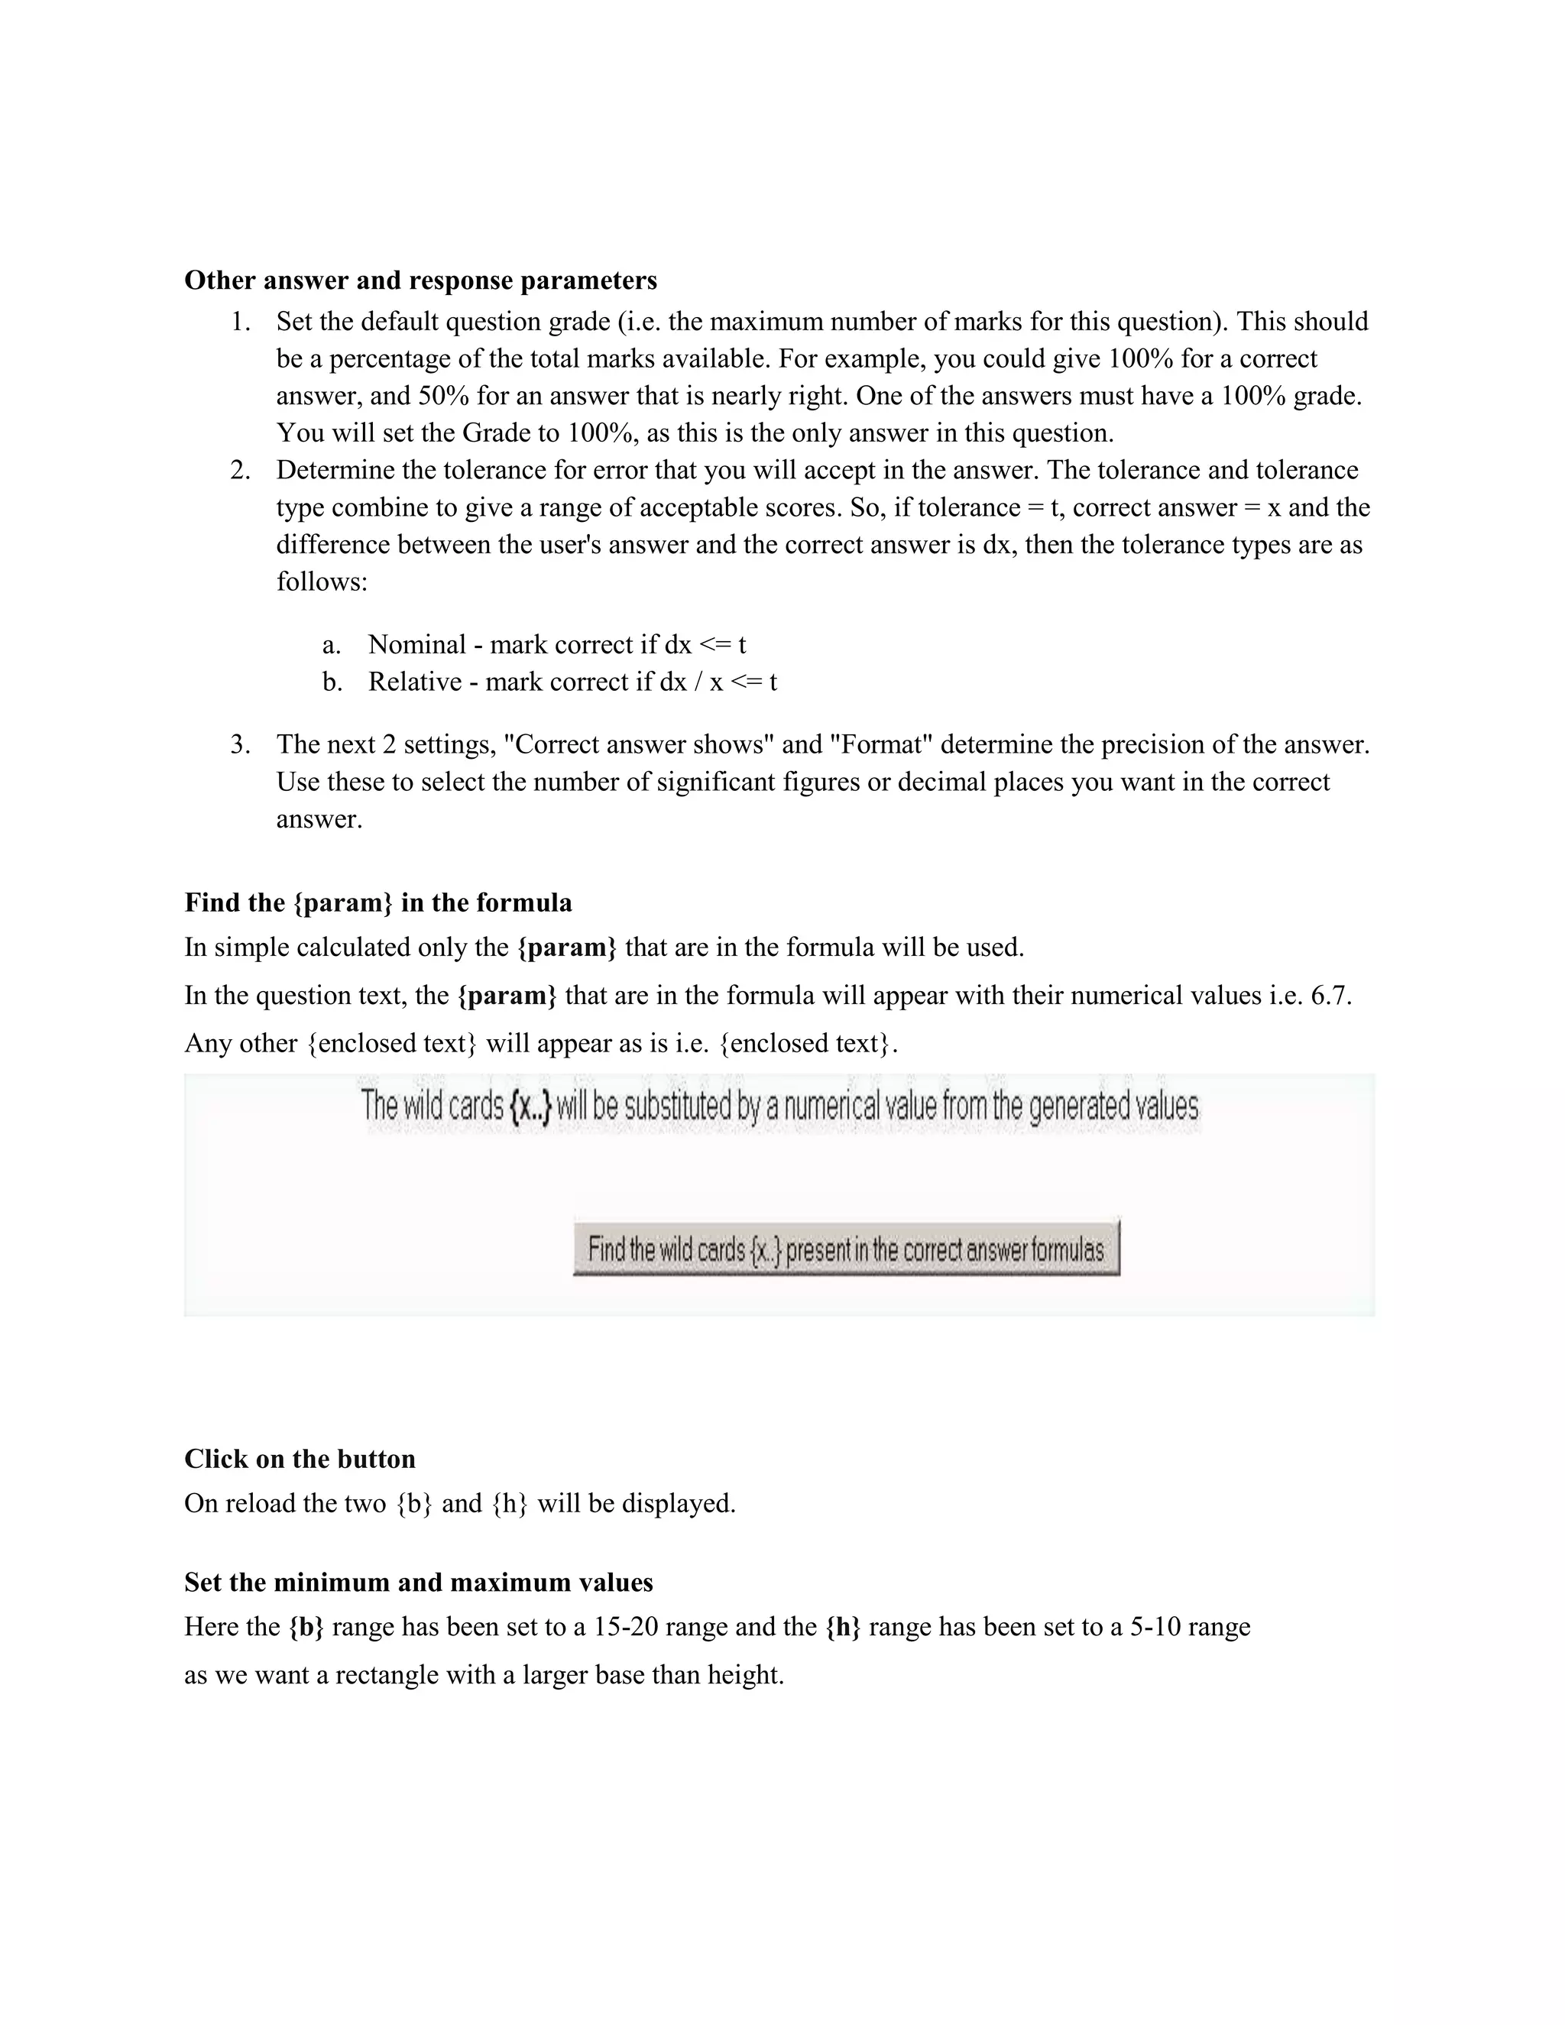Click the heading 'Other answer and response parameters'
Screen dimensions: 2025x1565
point(420,280)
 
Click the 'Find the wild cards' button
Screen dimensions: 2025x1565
point(846,1249)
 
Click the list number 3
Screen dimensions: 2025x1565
point(240,744)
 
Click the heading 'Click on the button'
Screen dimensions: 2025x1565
point(300,1460)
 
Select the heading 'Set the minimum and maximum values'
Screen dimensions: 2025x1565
point(418,1582)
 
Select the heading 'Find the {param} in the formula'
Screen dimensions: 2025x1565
point(378,903)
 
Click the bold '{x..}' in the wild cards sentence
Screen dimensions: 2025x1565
point(530,1106)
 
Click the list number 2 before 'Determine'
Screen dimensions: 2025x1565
point(240,470)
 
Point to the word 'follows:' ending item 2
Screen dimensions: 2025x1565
point(322,582)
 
